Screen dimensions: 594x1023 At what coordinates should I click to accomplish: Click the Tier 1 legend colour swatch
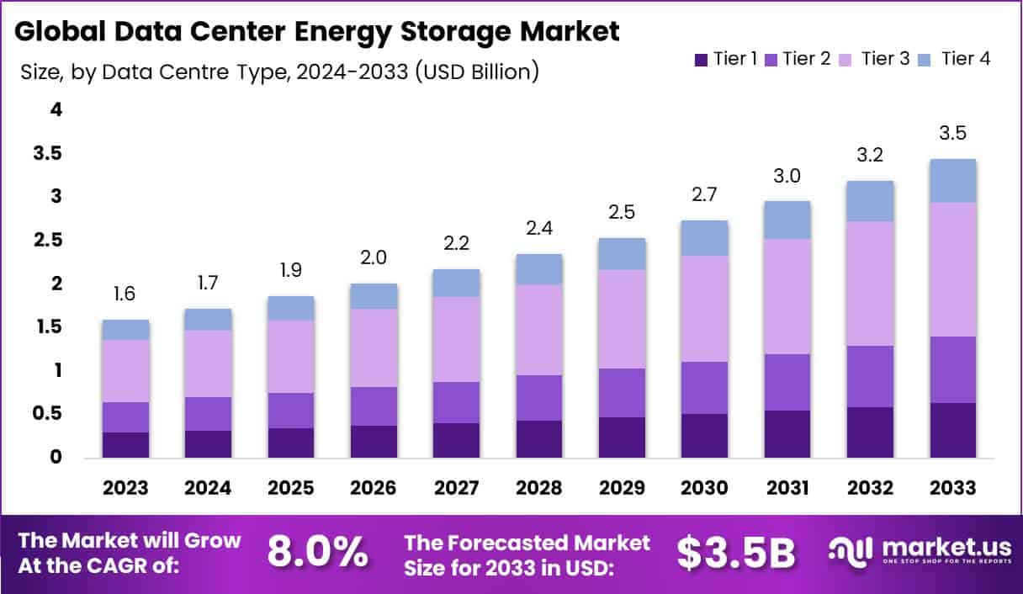(701, 60)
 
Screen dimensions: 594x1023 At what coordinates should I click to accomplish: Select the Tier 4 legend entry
(958, 59)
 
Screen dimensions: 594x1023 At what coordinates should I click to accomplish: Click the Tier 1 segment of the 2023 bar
(125, 445)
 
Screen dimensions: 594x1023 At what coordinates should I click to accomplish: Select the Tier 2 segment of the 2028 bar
(538, 398)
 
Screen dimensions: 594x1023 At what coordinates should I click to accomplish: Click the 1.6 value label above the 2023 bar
(125, 294)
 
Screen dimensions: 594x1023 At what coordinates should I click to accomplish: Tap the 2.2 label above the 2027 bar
(456, 243)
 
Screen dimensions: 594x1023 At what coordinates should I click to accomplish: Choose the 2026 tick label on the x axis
(374, 489)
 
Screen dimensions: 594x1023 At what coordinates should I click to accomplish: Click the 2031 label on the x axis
(787, 489)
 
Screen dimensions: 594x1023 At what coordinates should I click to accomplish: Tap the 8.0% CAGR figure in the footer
(317, 553)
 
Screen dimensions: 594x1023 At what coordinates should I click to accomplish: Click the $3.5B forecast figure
(736, 553)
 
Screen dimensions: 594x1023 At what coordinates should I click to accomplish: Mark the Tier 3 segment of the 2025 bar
(290, 357)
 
